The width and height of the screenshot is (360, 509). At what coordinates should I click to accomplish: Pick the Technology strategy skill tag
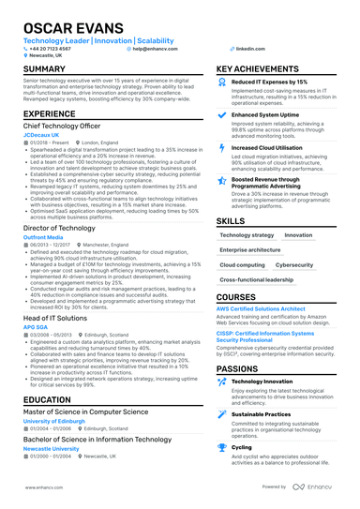(x=247, y=235)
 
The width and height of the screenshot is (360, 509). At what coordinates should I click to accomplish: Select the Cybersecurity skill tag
(x=293, y=265)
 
